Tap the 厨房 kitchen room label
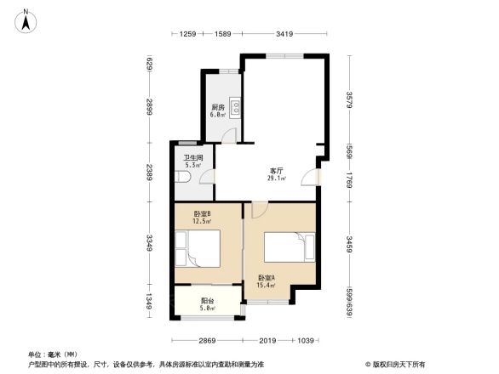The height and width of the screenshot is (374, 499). [218, 108]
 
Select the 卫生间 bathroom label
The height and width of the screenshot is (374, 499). [192, 158]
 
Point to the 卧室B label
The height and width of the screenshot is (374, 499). [202, 214]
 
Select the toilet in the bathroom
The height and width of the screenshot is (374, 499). [186, 177]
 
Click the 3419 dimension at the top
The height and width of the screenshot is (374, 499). [284, 34]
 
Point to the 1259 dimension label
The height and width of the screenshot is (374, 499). [188, 34]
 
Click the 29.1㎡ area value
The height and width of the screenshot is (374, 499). [277, 178]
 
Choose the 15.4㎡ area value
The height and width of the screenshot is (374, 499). [267, 286]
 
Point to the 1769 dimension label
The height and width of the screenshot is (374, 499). [349, 178]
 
